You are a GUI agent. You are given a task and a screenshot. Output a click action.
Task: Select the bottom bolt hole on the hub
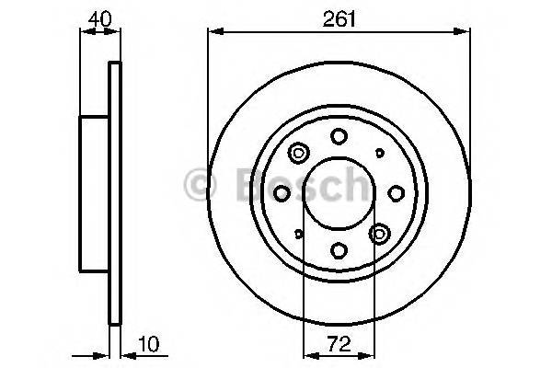tap(338, 250)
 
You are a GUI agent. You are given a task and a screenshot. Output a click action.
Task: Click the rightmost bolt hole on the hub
tap(396, 191)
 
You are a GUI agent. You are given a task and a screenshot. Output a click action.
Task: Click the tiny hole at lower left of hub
tap(298, 234)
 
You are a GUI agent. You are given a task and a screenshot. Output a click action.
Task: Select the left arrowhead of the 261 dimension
tap(213, 33)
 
